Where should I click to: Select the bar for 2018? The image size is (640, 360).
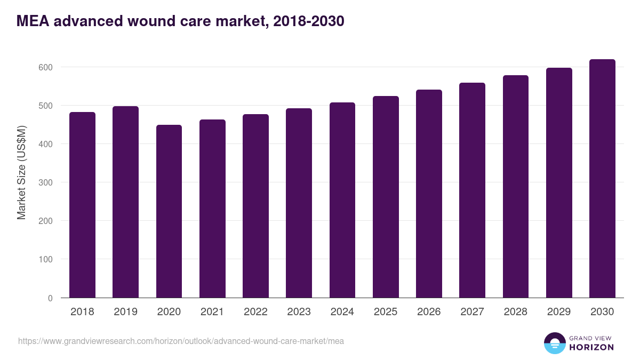pos(82,205)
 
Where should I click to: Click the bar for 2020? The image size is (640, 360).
pos(169,211)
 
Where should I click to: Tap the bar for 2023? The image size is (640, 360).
pos(299,203)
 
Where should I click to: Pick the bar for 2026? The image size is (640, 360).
pos(429,194)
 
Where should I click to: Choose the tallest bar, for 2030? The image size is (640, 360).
pos(602,179)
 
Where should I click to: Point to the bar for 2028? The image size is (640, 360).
pos(515,187)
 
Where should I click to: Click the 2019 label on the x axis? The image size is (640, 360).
pos(125,312)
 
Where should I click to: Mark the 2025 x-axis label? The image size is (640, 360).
pos(386,312)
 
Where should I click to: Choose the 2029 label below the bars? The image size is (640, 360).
pos(559,312)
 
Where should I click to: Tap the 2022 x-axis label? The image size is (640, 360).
pos(255,312)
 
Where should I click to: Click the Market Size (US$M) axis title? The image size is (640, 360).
pos(21,172)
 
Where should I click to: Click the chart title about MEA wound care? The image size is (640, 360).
pos(180,21)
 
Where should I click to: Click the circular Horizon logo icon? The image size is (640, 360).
pos(555,343)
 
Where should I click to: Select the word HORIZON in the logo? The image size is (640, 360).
pos(591,347)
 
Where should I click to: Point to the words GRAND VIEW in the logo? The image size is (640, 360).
pos(591,338)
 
